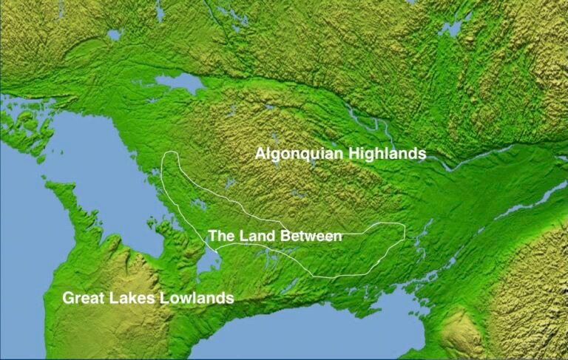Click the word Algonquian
(x=291, y=154)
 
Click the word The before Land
(x=221, y=236)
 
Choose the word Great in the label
(x=83, y=298)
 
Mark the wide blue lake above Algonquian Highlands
(x=181, y=82)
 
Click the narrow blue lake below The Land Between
(x=210, y=259)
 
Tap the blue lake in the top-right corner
(x=452, y=27)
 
